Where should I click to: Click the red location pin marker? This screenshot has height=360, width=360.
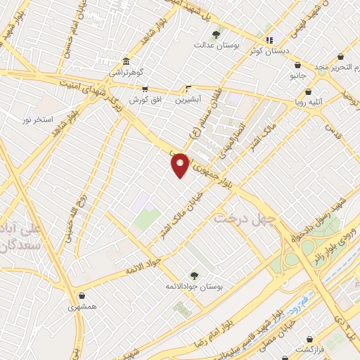pyautogui.click(x=181, y=164)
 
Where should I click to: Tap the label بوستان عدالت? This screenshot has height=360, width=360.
pyautogui.click(x=219, y=45)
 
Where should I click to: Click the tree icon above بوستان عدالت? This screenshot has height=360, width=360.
pyautogui.click(x=217, y=34)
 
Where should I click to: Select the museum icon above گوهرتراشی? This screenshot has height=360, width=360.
pyautogui.click(x=126, y=61)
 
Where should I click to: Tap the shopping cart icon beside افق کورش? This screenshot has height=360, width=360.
pyautogui.click(x=145, y=90)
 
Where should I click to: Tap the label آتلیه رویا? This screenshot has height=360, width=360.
pyautogui.click(x=309, y=102)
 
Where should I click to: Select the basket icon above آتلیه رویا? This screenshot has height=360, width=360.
pyautogui.click(x=309, y=91)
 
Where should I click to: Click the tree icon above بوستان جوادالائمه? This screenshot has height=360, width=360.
pyautogui.click(x=193, y=275)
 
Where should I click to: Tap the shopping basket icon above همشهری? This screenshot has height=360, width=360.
pyautogui.click(x=83, y=295)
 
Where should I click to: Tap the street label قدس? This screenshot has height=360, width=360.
pyautogui.click(x=330, y=126)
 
